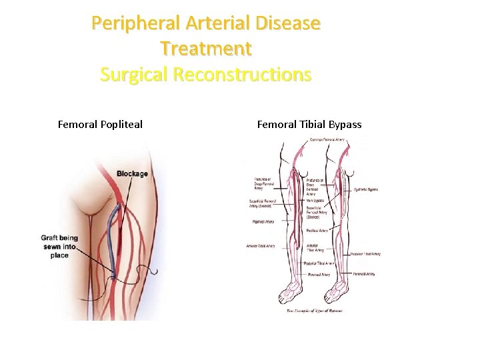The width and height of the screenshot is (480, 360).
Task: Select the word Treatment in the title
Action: pos(206,49)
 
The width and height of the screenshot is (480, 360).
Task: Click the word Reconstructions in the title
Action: pos(242,74)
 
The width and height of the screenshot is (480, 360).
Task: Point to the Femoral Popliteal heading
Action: pos(100,124)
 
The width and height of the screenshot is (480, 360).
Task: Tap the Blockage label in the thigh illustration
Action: pos(132,174)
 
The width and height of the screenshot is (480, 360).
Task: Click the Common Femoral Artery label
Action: pos(327,140)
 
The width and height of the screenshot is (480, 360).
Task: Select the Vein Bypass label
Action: pos(315,199)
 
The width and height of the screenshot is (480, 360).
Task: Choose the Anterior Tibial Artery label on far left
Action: pos(260,245)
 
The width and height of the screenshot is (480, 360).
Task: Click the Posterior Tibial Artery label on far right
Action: pos(365,253)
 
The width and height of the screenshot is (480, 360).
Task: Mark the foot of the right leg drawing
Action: pos(337,291)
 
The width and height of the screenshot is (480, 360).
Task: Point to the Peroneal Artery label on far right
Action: pos(364,273)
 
